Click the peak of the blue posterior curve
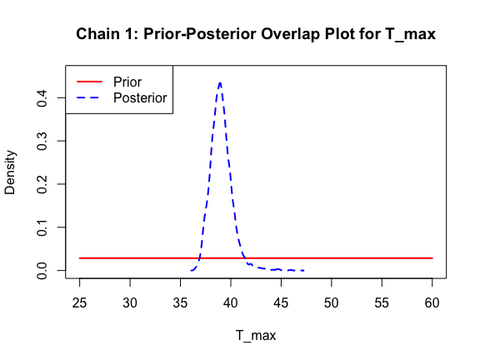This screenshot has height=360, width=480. coord(220,82)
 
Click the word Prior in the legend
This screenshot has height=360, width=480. coord(127,82)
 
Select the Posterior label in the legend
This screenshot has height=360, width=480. coord(140,98)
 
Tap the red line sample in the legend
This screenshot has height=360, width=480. coord(89,82)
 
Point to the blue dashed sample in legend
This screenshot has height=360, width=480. coord(89,97)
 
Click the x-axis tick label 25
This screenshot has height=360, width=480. coord(80,303)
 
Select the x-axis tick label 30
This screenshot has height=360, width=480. coord(130,303)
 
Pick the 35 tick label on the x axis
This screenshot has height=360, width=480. coord(180,303)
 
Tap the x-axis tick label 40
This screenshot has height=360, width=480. coord(231,303)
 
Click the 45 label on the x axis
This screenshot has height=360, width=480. coord(281,303)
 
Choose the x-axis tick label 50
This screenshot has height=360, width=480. coord(331,303)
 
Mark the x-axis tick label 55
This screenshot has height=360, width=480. coord(382,303)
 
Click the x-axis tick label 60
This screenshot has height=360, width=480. coord(432,303)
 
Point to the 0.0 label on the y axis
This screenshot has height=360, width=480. coord(42,271)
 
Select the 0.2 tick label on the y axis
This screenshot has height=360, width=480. coord(42,184)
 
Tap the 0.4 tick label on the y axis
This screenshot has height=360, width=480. coord(42,98)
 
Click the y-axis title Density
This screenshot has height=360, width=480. coord(10,172)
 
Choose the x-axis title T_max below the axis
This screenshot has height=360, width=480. coord(256,336)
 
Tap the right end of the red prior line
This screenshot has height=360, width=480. coord(432,258)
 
